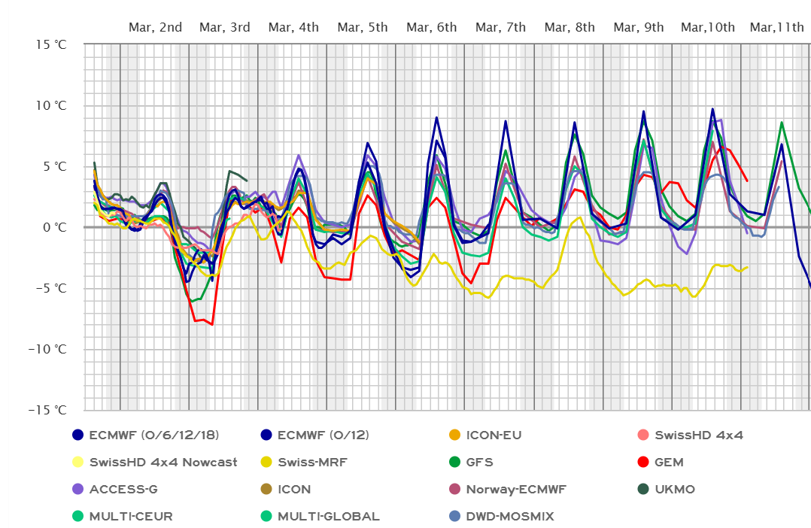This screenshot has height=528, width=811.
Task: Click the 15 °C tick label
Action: tap(51, 44)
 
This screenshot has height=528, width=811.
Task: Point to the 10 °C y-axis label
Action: tap(51, 105)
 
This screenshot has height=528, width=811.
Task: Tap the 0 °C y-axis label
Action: tap(54, 226)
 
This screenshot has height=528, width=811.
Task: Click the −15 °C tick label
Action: tap(48, 409)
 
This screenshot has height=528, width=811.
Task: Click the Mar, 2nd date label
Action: tap(156, 27)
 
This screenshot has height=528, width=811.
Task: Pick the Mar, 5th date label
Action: tap(363, 27)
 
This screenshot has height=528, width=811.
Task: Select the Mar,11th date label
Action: tap(777, 27)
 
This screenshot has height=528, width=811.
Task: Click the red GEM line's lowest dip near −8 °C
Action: tap(212, 324)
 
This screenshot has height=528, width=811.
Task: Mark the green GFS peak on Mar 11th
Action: tap(782, 122)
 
